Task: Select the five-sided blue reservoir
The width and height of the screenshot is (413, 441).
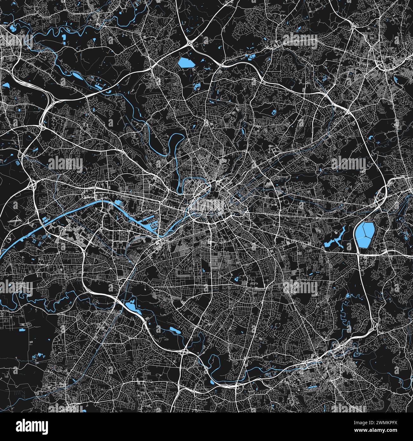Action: point(186,63)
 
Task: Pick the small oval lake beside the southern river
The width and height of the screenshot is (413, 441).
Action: point(174,330)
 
